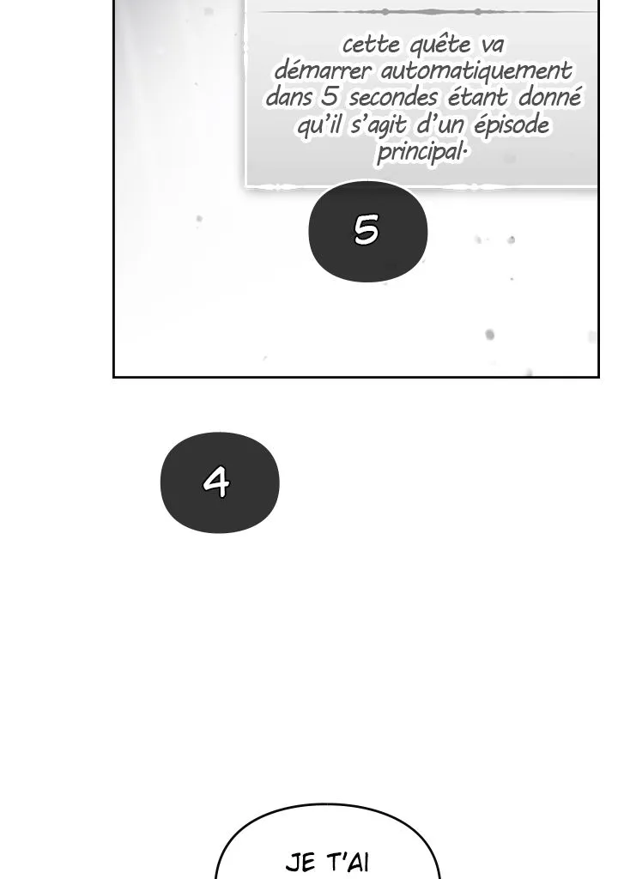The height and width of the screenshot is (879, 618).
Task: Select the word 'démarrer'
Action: (323, 71)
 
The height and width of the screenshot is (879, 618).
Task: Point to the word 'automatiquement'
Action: (476, 72)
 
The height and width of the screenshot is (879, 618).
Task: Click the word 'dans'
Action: (288, 97)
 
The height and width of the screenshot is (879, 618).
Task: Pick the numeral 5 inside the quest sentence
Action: (330, 97)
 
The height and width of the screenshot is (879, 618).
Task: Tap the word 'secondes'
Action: (392, 98)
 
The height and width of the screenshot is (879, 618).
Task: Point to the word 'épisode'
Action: (512, 125)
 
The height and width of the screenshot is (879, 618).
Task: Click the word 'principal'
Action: (421, 152)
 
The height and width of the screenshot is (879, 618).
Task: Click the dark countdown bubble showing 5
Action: (368, 230)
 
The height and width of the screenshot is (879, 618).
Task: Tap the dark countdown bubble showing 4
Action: (220, 482)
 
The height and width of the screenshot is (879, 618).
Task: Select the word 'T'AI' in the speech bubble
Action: (348, 862)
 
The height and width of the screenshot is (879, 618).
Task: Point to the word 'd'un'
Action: (440, 125)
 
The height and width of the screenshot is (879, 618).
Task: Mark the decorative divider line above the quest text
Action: (427, 12)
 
